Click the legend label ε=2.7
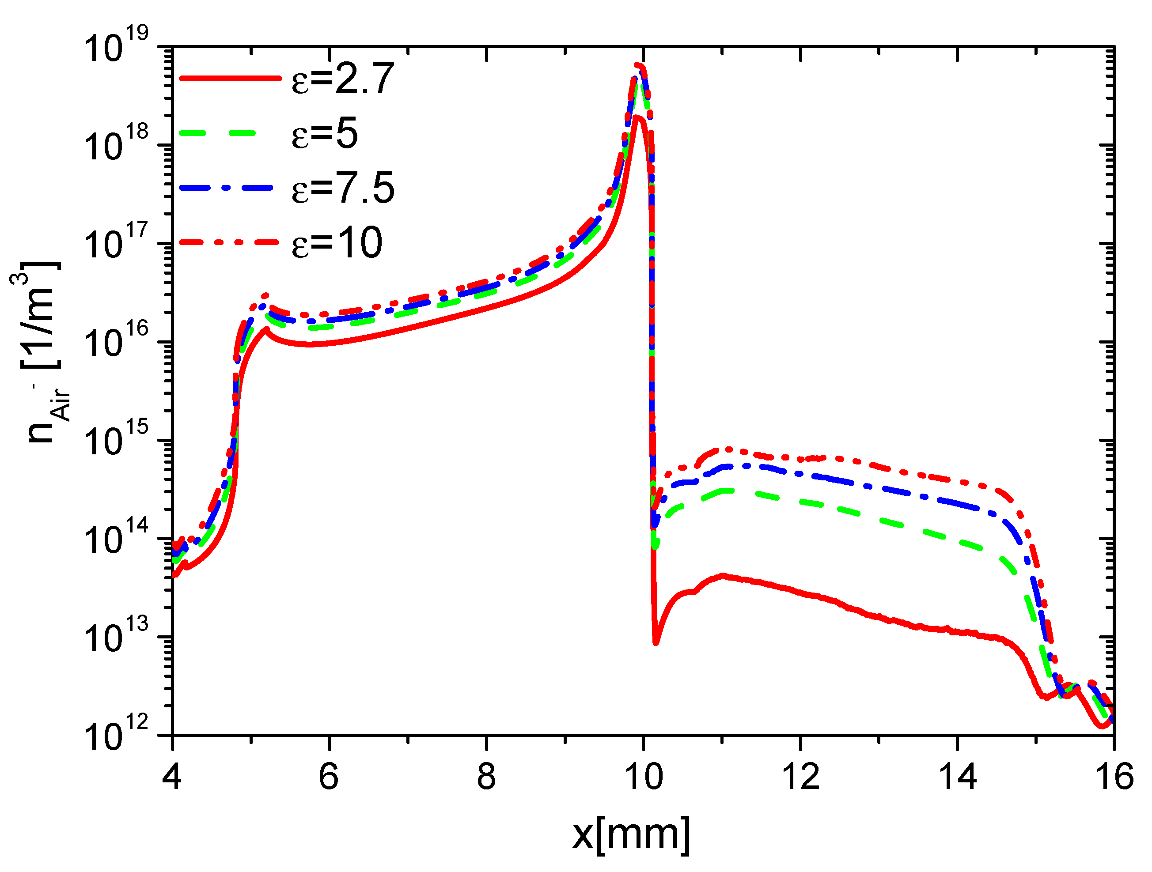tap(342, 79)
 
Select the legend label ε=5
tap(325, 133)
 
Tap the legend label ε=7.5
tap(342, 188)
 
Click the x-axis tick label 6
tap(329, 777)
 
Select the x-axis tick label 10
tap(643, 777)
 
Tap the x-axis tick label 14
tap(957, 777)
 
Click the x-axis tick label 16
tap(1114, 777)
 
